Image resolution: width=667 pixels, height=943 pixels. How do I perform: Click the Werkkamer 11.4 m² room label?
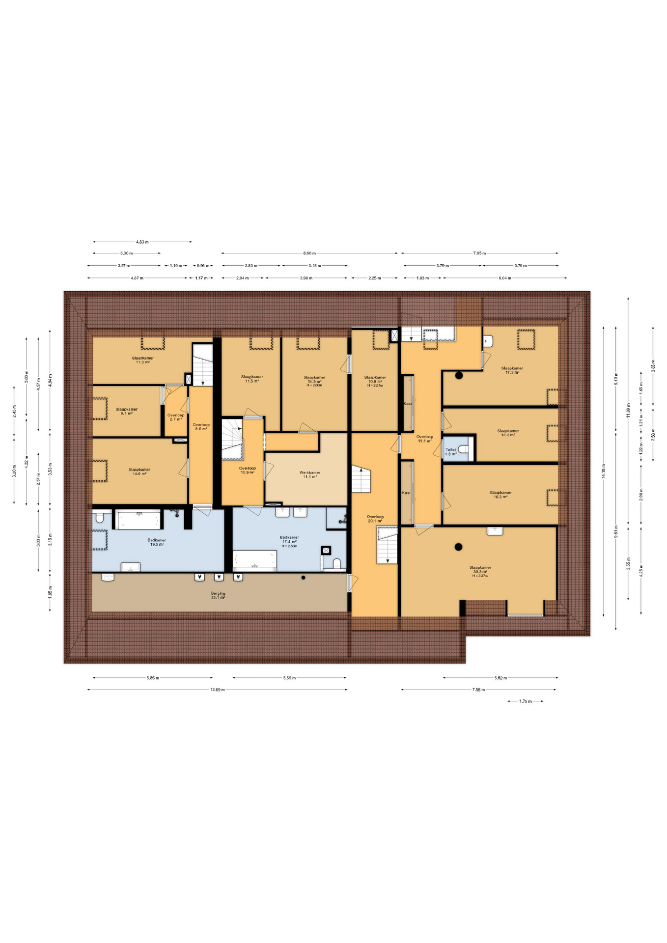click(309, 474)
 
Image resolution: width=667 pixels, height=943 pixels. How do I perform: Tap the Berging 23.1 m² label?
click(218, 595)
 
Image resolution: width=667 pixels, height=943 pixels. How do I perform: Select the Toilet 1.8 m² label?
click(450, 451)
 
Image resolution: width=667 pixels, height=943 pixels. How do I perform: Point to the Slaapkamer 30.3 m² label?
click(480, 571)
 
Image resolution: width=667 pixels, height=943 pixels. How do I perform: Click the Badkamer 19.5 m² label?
click(156, 542)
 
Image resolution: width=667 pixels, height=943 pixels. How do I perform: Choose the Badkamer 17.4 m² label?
click(289, 541)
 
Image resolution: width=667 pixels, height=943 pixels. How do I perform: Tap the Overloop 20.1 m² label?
click(375, 519)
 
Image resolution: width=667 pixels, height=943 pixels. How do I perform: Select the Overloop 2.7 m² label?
click(176, 417)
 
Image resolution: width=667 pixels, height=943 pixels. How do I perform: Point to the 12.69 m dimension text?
click(217, 690)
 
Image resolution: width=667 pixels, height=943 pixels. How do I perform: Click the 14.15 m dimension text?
click(604, 471)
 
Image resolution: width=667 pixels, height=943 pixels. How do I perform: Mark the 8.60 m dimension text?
click(309, 253)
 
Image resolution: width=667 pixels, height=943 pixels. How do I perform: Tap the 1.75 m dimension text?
click(526, 701)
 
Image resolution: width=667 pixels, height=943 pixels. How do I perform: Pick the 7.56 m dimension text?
click(478, 690)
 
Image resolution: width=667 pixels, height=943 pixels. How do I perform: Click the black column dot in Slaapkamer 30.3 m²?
click(458, 547)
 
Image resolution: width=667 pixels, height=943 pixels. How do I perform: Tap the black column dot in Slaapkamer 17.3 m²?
click(459, 376)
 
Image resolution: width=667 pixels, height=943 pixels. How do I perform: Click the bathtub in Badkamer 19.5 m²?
click(139, 520)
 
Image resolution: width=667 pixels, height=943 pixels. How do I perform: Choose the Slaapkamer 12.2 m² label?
click(508, 433)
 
